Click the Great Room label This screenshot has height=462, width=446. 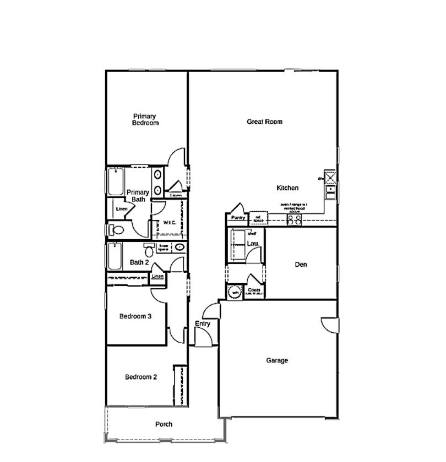264,122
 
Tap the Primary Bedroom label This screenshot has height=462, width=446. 145,119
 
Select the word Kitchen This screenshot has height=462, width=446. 287,188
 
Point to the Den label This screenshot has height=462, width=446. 301,265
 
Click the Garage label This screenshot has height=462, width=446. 277,361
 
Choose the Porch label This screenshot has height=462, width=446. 164,424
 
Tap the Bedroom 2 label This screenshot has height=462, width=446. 141,377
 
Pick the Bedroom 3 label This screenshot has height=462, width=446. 135,316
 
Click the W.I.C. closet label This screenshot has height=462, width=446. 169,223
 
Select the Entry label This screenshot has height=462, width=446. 203,324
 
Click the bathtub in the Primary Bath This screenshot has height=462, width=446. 116,182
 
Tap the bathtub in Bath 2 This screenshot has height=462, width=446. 115,257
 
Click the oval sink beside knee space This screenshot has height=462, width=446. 179,248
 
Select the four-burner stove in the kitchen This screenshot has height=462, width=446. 295,219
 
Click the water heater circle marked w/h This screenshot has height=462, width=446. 235,292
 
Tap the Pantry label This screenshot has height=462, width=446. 238,218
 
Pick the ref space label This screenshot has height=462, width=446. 258,219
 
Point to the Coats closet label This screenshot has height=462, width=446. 254,290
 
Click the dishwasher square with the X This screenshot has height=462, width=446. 330,177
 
